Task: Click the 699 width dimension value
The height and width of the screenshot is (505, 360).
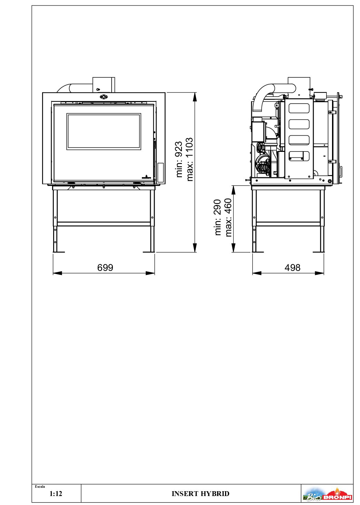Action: tap(105, 268)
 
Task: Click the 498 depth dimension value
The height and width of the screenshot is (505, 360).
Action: tap(292, 268)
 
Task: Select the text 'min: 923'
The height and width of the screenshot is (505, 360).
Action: tap(179, 159)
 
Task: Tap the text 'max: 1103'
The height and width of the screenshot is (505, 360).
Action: tap(189, 159)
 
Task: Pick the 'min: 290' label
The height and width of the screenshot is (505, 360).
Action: tap(217, 217)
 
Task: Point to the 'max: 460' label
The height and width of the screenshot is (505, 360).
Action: tap(228, 217)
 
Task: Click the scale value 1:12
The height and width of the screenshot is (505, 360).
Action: tap(56, 494)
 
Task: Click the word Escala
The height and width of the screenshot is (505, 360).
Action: tap(40, 486)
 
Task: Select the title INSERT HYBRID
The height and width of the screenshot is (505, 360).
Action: tap(200, 494)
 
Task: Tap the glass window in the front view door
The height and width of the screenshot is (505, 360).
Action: tap(104, 132)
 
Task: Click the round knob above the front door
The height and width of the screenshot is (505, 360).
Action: tap(103, 97)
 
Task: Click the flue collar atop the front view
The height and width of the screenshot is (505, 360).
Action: tap(103, 84)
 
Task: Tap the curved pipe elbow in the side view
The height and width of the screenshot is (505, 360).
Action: tap(266, 92)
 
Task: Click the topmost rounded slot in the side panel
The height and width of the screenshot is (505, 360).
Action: tap(299, 108)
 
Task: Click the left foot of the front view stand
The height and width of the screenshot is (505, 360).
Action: tap(59, 252)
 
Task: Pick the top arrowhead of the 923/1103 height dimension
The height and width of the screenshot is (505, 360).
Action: tap(195, 97)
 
